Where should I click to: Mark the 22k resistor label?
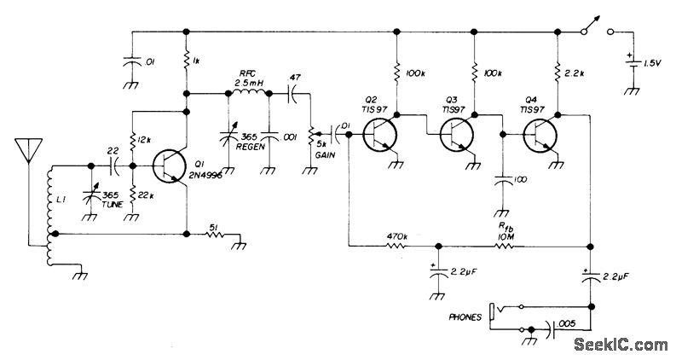point(145,196)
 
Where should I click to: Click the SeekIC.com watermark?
point(621,344)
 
